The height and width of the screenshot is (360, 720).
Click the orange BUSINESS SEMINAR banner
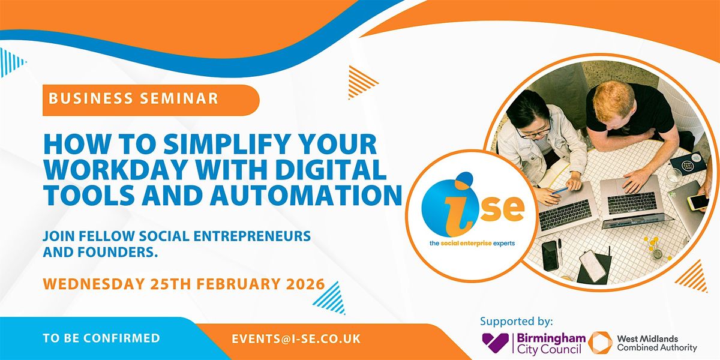[150, 99]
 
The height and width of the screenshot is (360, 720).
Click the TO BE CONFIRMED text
[101, 338]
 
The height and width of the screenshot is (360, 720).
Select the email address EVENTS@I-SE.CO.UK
[296, 338]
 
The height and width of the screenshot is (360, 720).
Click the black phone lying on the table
[550, 254]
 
